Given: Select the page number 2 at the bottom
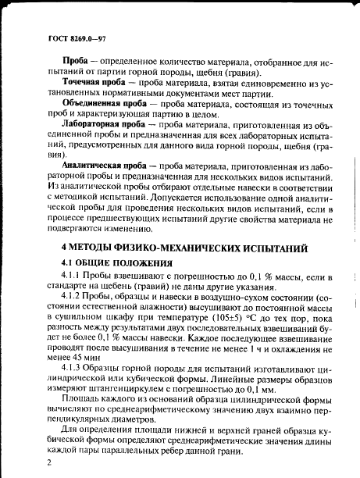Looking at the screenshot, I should [x=49, y=463].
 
